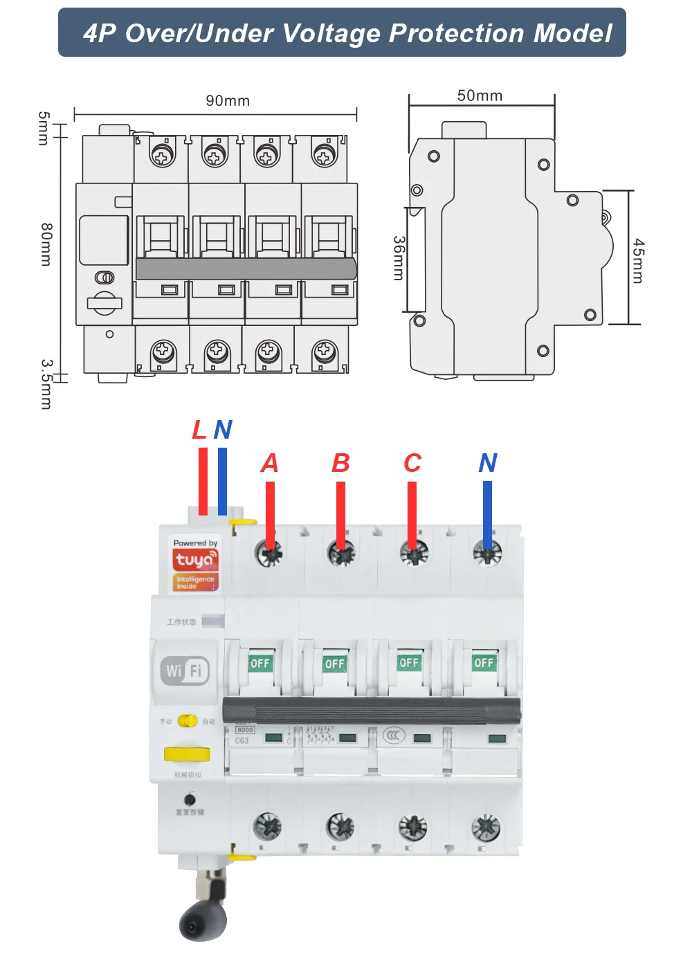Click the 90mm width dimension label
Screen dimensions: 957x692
pos(228,101)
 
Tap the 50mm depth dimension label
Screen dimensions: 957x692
pos(480,96)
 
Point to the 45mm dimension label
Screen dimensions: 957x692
pos(638,261)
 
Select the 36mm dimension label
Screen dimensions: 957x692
pos(399,258)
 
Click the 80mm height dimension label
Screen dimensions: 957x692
pos(46,244)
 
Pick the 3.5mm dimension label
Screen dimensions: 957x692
pos(46,383)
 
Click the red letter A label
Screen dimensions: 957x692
pos(270,463)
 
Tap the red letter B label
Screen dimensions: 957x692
pos(340,463)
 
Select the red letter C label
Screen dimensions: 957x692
pos(412,463)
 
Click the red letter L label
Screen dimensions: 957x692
pos(199,430)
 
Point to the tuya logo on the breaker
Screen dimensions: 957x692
pos(195,559)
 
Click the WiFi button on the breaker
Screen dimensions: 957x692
pos(185,671)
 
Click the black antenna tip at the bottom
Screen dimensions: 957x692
pos(203,922)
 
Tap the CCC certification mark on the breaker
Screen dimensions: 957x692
pos(394,735)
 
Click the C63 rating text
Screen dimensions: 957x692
pos(242,741)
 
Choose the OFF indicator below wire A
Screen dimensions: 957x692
pos(260,663)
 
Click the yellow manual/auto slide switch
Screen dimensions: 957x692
pos(188,721)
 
